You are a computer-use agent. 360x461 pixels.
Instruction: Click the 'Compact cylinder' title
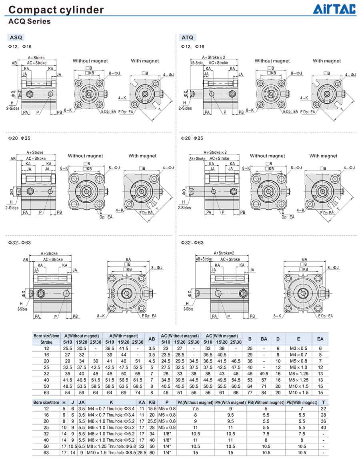tap(56, 10)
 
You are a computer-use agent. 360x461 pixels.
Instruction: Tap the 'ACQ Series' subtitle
tap(29, 22)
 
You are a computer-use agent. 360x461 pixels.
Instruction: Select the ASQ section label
tap(16, 37)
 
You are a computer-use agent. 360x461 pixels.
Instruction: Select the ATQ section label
tap(188, 37)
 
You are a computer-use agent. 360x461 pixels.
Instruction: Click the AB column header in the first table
tap(152, 339)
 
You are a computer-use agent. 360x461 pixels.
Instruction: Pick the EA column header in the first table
tap(320, 339)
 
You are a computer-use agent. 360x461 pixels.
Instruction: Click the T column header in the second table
tap(323, 403)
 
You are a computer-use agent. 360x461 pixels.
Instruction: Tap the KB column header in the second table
tap(152, 403)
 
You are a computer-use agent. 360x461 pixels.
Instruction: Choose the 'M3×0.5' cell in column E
tap(298, 349)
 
